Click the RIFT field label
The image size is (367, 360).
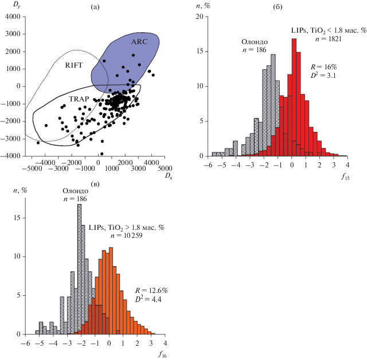pos(75,65)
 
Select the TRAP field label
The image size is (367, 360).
pos(79,99)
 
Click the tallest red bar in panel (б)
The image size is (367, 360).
pos(294,97)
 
